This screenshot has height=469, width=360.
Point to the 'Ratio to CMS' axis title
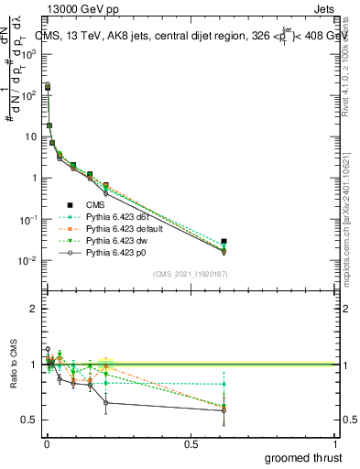click(x=13, y=379)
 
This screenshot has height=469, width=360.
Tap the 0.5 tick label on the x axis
click(x=191, y=442)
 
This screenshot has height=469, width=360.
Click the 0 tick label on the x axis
click(x=47, y=442)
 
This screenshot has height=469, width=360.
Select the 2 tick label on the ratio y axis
click(x=35, y=309)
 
